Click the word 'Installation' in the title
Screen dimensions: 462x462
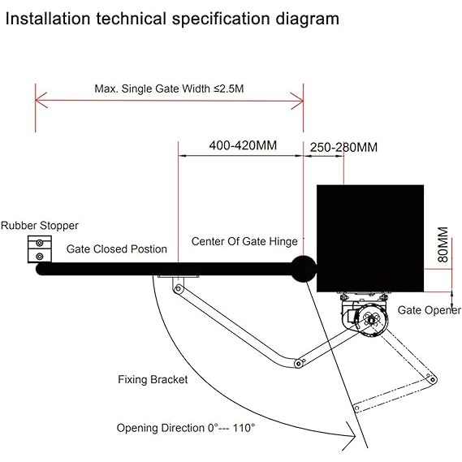48,18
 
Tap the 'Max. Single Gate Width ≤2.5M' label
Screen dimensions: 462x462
169,89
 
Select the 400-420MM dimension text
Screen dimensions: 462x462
243,145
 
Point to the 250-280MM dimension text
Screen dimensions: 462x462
343,147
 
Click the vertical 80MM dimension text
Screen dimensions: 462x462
443,244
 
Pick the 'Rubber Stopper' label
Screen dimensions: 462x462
40,226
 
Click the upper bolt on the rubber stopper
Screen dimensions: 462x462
40,243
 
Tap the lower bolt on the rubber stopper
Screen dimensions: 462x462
40,257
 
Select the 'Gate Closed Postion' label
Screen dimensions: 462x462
117,249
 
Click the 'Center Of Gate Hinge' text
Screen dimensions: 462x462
244,242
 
